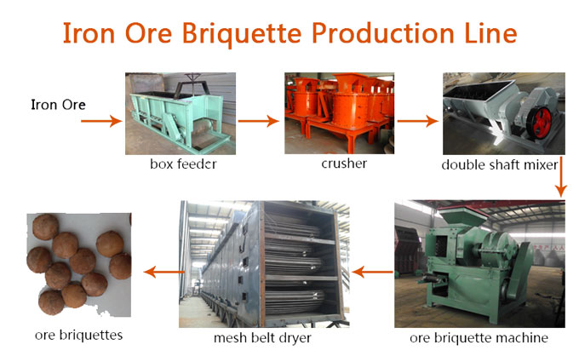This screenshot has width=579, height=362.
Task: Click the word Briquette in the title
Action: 242,33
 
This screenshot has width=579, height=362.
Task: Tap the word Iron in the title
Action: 89,33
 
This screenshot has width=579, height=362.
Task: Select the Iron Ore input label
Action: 59,105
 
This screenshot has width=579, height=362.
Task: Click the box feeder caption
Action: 183,164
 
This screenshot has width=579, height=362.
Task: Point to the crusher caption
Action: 344,164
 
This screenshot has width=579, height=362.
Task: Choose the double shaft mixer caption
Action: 500,164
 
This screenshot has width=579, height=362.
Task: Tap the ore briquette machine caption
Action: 479,337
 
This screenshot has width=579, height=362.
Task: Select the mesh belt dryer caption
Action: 262,337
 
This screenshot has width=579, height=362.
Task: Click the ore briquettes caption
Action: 78,335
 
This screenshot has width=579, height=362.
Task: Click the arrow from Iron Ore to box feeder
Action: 101,121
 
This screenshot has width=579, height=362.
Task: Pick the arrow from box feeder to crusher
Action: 259,121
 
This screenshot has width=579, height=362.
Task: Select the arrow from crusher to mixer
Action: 418,121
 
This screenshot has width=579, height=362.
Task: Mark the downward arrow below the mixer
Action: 560,177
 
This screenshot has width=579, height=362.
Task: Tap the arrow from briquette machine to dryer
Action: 373,273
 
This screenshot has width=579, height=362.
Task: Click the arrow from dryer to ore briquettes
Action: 164,273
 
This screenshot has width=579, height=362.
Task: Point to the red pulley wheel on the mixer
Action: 539,123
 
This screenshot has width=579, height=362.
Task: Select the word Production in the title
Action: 383,33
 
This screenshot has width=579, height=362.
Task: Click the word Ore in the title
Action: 148,33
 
